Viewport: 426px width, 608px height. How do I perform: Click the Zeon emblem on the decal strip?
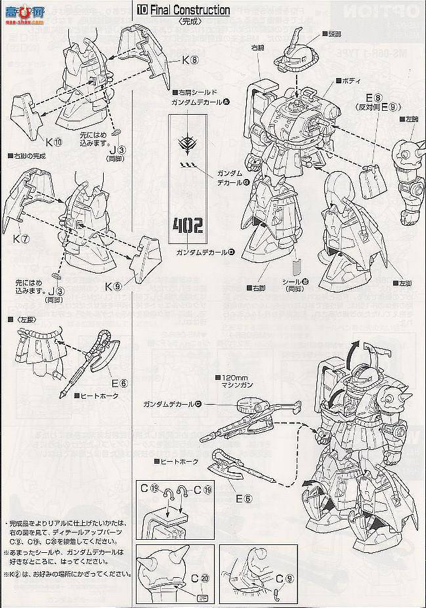(187, 143)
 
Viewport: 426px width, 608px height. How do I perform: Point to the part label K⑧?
(190, 60)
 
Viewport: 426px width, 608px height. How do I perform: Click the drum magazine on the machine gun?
(251, 409)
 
